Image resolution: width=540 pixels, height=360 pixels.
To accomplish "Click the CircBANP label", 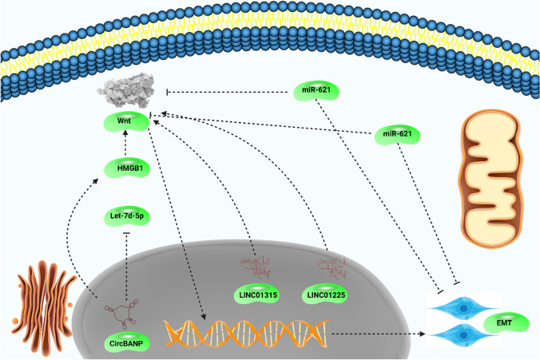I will tap(125, 346).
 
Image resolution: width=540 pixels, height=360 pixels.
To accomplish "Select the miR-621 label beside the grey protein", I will tap(316, 91).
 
